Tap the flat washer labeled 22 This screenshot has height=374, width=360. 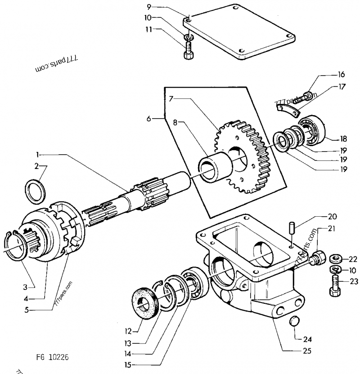tap(335, 258)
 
